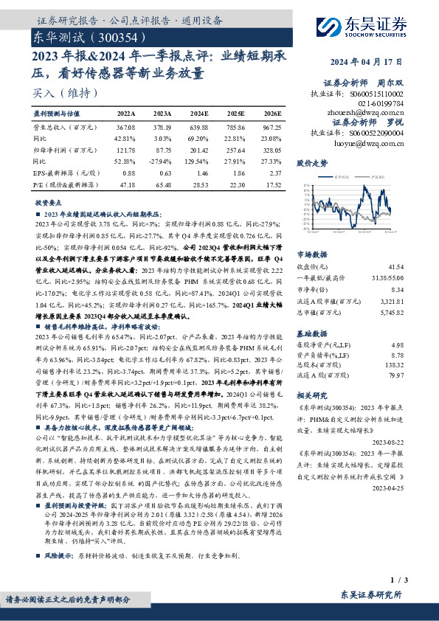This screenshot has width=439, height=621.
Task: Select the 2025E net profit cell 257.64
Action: [x=235, y=150]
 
